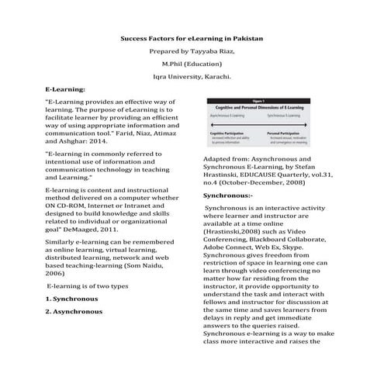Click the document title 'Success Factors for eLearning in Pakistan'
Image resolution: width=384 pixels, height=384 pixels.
coord(191,37)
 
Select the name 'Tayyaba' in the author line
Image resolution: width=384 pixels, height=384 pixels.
coord(209,50)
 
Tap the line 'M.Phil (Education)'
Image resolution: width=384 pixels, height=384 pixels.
coord(191,64)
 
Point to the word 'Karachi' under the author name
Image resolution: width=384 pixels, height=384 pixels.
coord(215,77)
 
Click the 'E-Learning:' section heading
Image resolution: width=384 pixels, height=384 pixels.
coord(69,90)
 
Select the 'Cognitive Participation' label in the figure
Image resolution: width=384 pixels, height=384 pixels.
coord(227,133)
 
